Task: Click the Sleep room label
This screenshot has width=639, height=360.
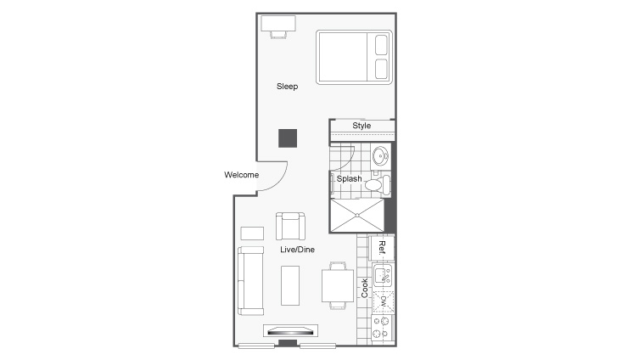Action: point(287,87)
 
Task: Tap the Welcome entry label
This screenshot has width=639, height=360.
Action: point(241,176)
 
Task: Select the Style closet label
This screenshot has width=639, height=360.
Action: point(362,127)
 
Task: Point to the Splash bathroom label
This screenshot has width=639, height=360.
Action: point(350,179)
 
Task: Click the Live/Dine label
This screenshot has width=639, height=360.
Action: point(298,250)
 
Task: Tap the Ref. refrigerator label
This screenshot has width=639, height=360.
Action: point(383,247)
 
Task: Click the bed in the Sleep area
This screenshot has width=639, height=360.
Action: point(355,57)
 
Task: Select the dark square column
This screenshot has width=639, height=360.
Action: point(287,138)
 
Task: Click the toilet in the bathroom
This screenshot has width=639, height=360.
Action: point(380,183)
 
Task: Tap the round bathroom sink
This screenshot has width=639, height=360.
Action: point(381,156)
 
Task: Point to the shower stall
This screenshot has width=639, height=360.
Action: point(356,216)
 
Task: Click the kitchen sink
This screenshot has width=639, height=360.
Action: point(382,275)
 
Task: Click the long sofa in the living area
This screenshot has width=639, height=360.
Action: point(249,280)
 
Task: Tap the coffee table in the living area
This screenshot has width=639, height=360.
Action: point(290,285)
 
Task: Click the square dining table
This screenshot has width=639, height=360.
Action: point(337,285)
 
